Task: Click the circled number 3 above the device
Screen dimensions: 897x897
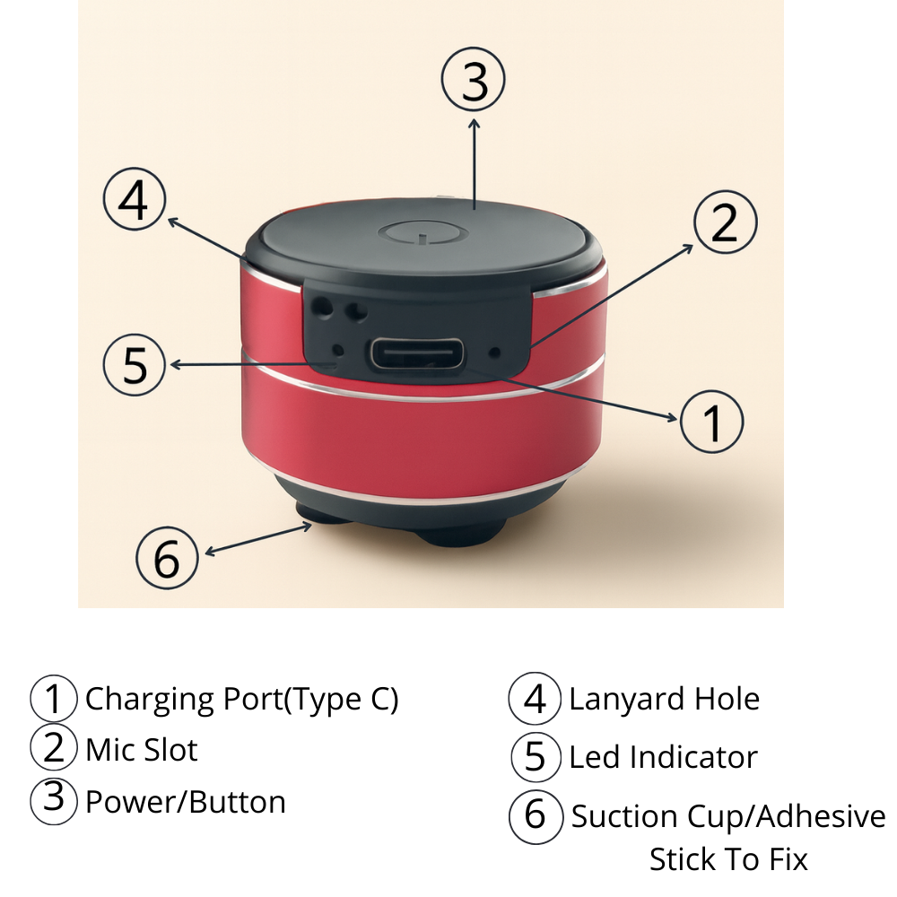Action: click(474, 81)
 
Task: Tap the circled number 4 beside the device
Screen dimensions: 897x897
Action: click(135, 201)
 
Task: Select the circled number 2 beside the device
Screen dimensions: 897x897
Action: click(725, 222)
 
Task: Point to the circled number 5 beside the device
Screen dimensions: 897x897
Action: click(135, 366)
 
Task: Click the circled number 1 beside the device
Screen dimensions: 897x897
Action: click(712, 422)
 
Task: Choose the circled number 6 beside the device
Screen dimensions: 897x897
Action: click(168, 558)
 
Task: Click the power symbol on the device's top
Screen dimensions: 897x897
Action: click(420, 236)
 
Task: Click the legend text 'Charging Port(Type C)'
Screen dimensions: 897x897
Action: click(241, 699)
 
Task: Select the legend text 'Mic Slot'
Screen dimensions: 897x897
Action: click(142, 750)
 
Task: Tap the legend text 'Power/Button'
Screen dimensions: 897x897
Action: click(186, 802)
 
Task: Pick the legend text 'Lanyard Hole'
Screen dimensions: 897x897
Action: click(664, 699)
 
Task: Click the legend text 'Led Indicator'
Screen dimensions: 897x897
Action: click(663, 757)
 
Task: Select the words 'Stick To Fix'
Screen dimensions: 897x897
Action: click(728, 859)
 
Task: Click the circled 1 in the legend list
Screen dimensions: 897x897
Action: click(55, 700)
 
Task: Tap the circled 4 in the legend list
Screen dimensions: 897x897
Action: click(536, 700)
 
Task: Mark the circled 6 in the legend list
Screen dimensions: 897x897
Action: click(536, 814)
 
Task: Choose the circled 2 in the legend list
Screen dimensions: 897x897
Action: click(55, 748)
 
